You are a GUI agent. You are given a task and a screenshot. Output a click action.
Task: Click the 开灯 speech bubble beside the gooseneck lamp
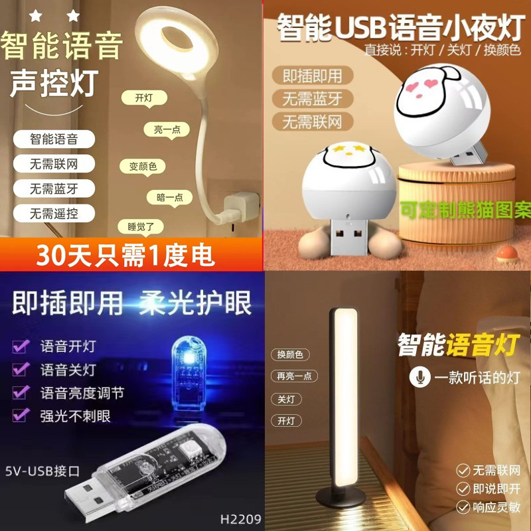click(x=144, y=98)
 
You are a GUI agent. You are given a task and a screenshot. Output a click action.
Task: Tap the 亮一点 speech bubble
click(x=167, y=130)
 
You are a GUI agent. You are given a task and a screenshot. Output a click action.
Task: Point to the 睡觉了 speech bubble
click(x=140, y=226)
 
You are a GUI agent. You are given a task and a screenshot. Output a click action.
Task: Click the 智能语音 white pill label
click(x=54, y=139)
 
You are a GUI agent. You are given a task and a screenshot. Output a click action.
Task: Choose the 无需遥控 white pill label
click(x=54, y=213)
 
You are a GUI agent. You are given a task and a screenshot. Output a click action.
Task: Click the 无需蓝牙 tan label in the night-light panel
click(x=312, y=98)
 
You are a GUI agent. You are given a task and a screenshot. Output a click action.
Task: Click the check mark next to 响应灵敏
click(x=463, y=507)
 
